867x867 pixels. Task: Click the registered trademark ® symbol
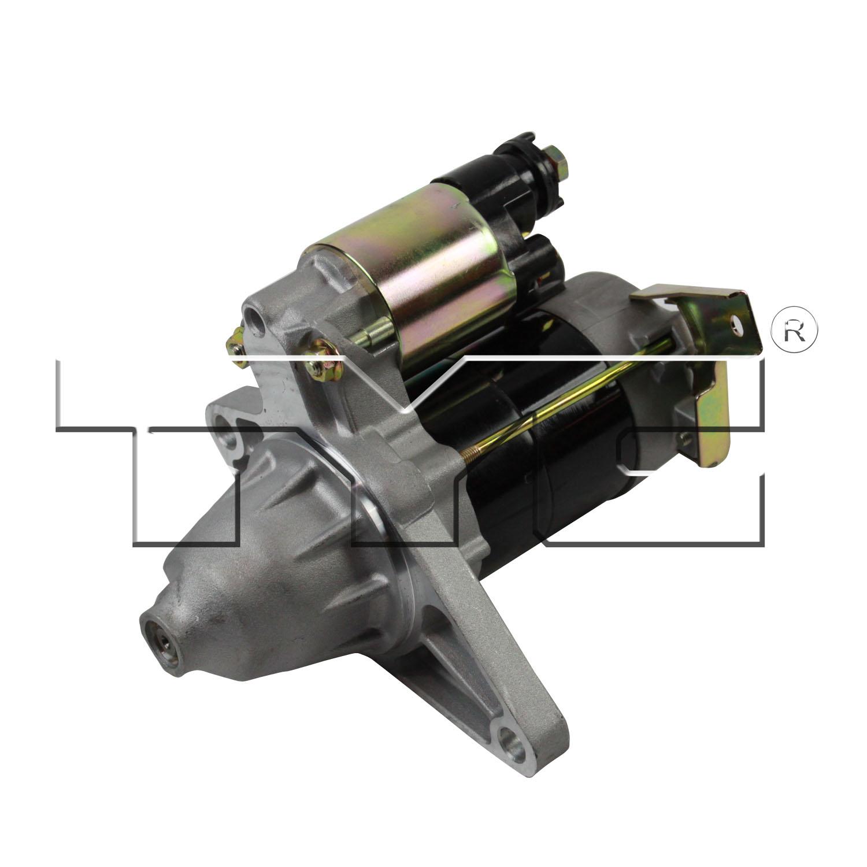pos(795,329)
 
